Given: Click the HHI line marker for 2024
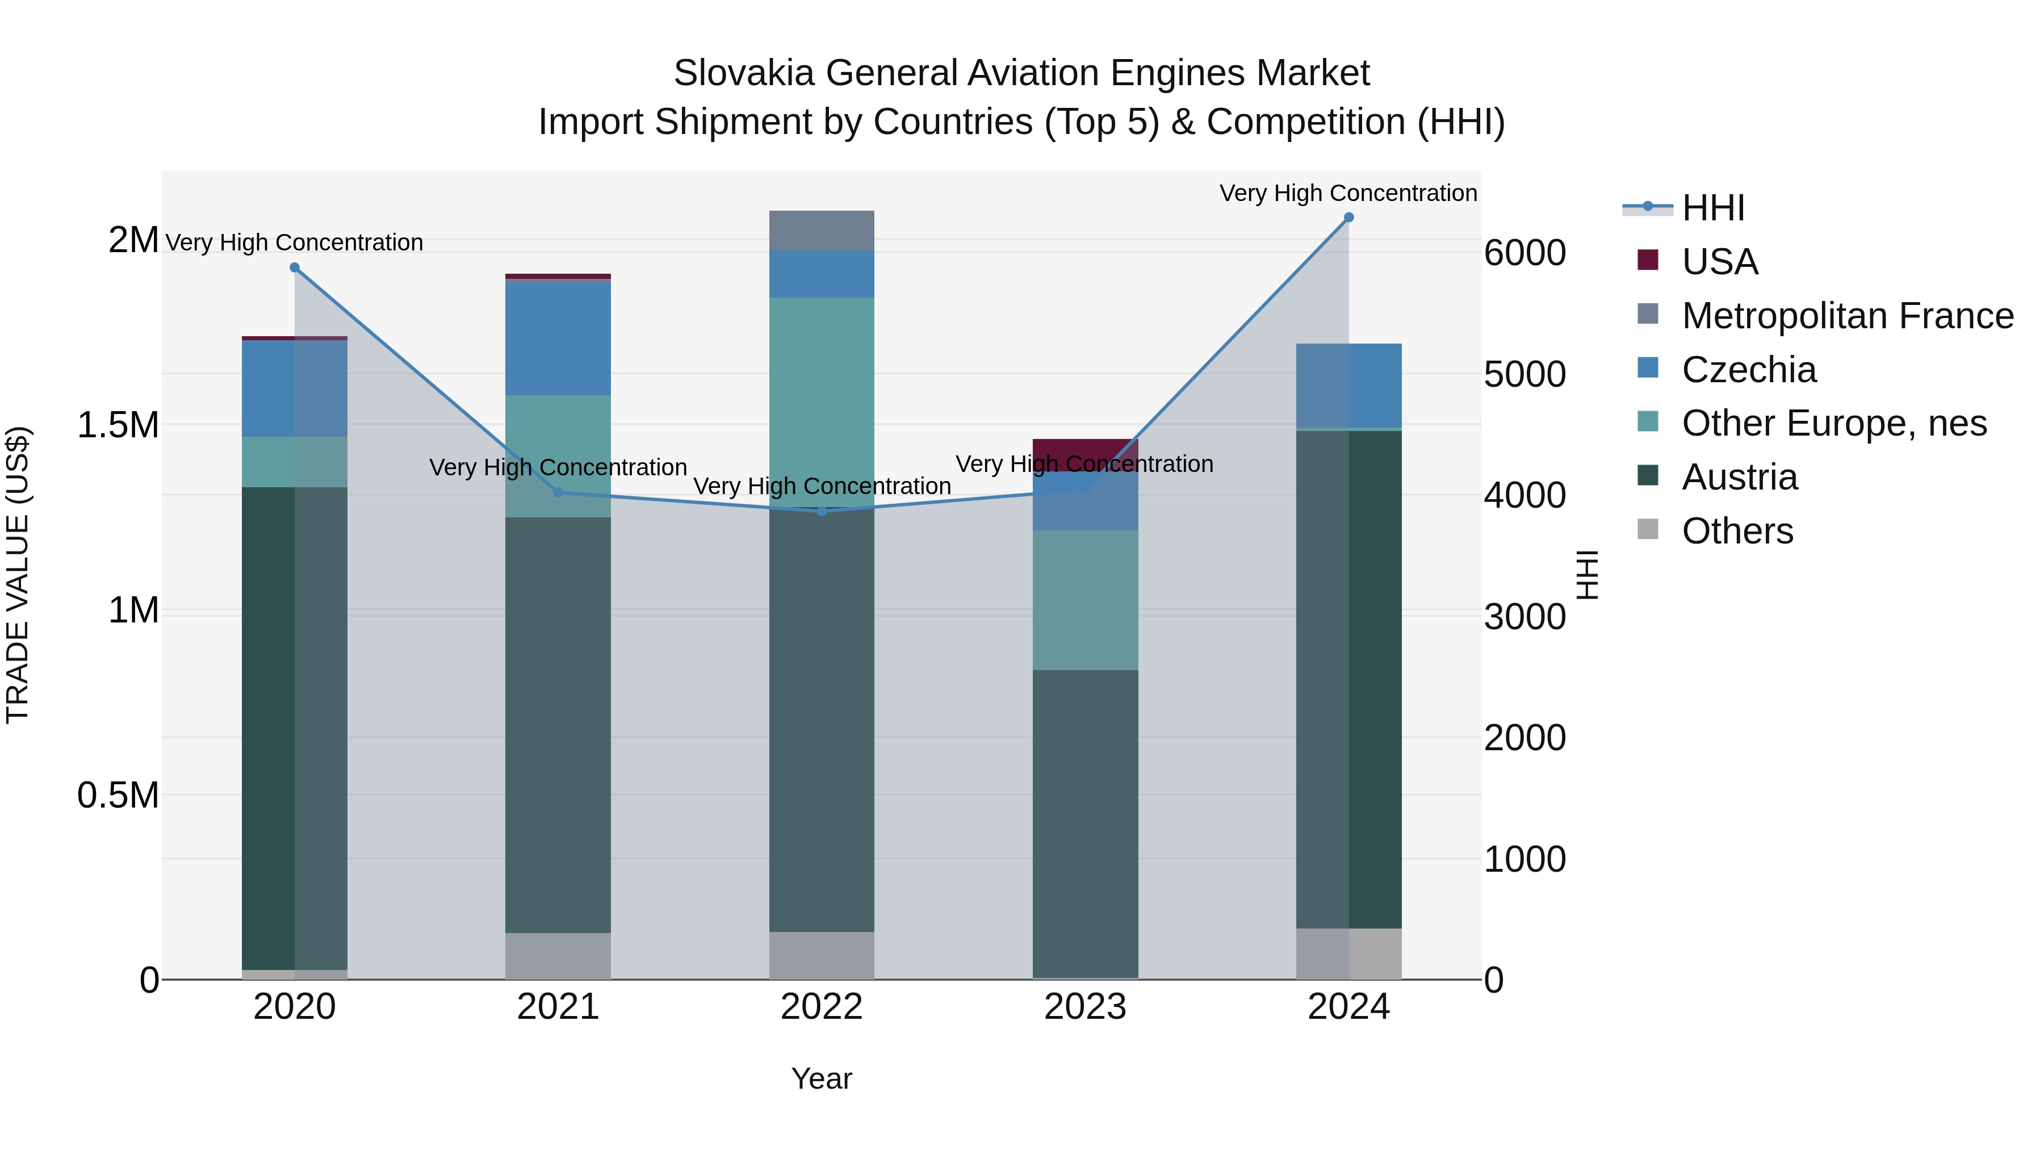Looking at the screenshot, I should tap(1348, 218).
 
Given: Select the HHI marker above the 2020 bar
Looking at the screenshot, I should tap(294, 267).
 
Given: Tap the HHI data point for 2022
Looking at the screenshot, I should tap(821, 511).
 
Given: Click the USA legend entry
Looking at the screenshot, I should tap(1719, 262).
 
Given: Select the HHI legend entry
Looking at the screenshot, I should tap(1712, 208).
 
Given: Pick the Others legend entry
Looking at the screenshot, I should tap(1736, 531).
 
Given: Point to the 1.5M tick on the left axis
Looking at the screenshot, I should tap(118, 425).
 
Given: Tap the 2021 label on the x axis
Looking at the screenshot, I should tap(558, 1007).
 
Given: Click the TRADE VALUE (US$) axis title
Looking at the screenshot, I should tap(18, 575).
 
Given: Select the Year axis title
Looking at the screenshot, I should tap(821, 1078).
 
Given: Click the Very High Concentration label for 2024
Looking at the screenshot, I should tap(1347, 193).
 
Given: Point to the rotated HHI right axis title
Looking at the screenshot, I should tap(1586, 575).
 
